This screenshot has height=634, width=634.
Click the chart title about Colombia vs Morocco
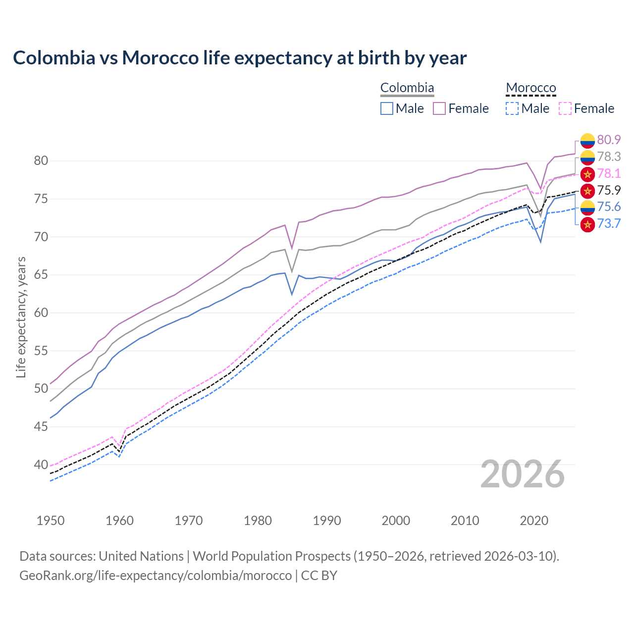pos(240,58)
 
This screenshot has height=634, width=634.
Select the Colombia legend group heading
pos(407,88)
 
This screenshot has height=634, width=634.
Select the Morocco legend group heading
pos(531,88)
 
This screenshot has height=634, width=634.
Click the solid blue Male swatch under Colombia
pos(387,108)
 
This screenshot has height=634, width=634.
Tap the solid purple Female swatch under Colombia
pos(439,108)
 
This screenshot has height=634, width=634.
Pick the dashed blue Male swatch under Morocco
pos(512,108)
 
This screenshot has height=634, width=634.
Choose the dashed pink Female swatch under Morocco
pos(565,108)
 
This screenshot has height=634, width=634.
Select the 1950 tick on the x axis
pos(51,521)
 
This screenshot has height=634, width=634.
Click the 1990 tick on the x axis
pos(327,521)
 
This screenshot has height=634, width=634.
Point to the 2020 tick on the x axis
pos(534,521)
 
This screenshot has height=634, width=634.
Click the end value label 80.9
pos(609,140)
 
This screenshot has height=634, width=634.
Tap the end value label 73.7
pos(609,224)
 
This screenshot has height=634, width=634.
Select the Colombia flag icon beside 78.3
pos(587,157)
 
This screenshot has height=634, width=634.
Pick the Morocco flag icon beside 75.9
pos(587,191)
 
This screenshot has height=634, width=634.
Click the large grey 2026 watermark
pos(523,474)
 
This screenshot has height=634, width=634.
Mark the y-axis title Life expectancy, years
pos(21,317)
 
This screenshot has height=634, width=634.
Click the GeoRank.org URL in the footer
pos(156,576)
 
